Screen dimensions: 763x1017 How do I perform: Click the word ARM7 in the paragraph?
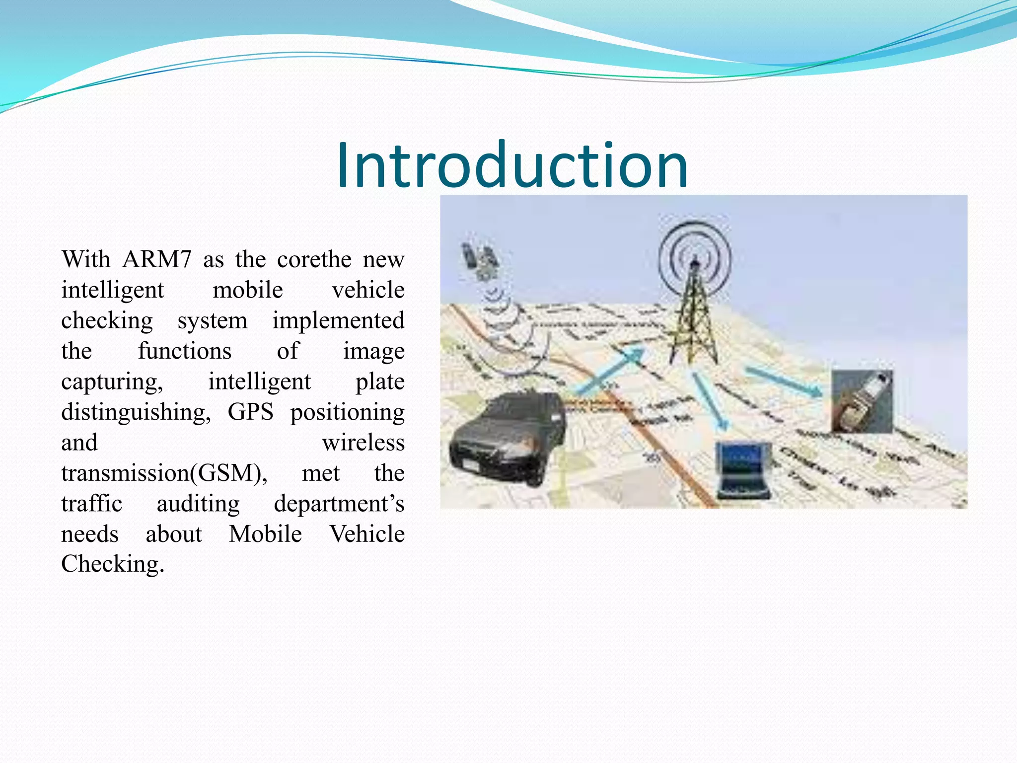point(156,259)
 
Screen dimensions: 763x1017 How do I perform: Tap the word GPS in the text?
point(250,412)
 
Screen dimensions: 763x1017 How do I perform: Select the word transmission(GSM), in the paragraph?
point(164,473)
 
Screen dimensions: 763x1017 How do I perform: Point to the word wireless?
point(363,442)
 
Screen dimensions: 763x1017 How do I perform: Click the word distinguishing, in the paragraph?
point(136,412)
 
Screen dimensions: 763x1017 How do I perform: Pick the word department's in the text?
point(339,503)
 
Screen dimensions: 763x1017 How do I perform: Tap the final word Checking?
point(112,564)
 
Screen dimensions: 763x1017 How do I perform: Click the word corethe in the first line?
point(314,259)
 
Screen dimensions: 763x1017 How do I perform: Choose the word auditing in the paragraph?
point(198,503)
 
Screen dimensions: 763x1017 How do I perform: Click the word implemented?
point(338,320)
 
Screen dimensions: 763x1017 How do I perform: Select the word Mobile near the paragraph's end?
point(265,534)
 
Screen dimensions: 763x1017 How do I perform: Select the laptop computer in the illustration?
point(743,469)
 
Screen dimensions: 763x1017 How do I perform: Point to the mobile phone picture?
point(862,400)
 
